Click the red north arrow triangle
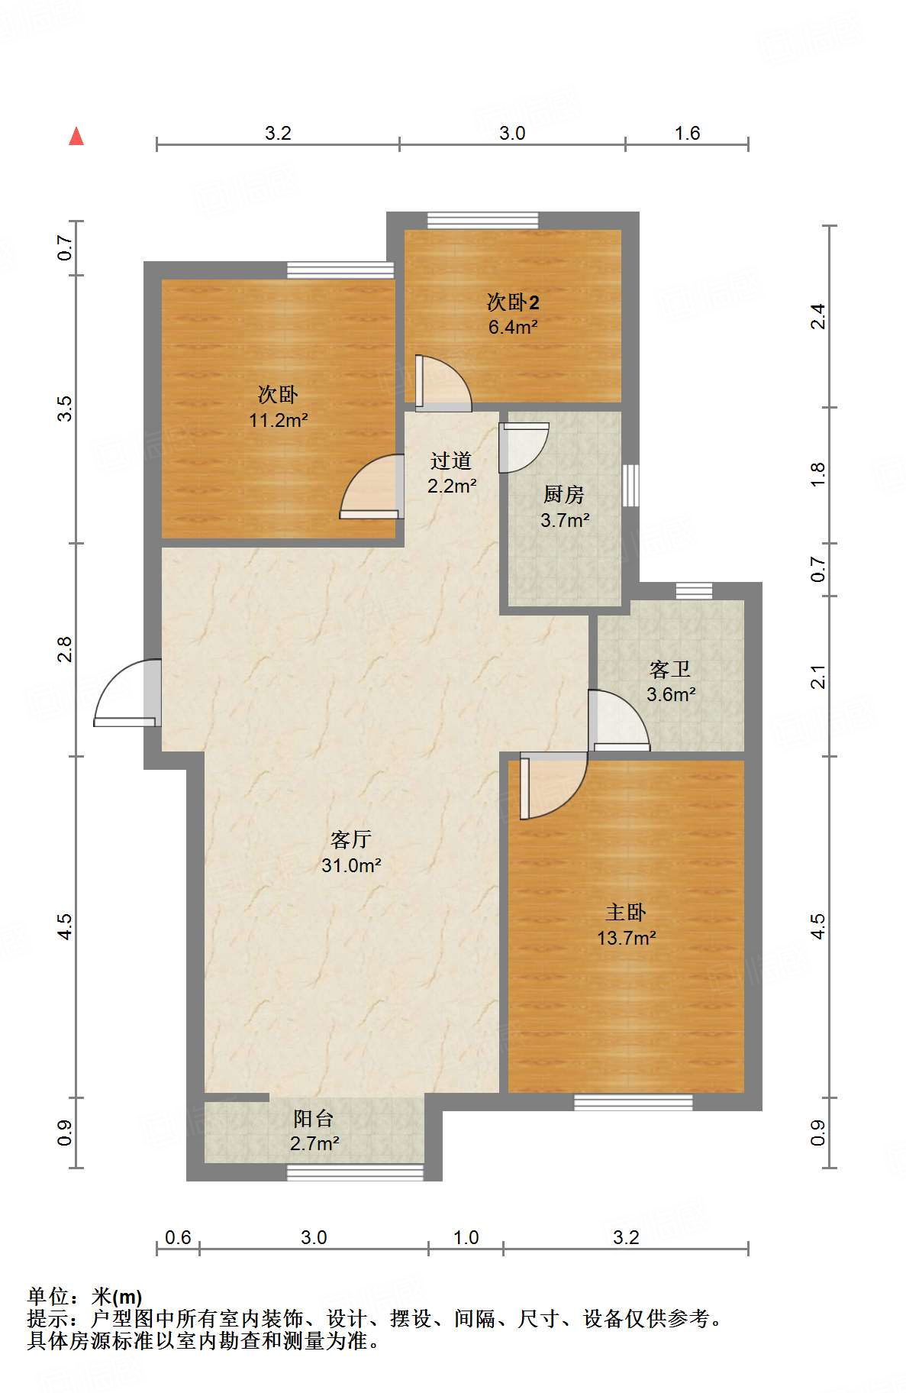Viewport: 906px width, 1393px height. click(x=76, y=137)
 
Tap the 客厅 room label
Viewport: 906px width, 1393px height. click(x=350, y=839)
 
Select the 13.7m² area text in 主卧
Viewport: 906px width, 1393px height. click(x=626, y=938)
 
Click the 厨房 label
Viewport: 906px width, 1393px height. click(x=564, y=495)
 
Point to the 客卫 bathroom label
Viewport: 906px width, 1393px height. click(x=670, y=669)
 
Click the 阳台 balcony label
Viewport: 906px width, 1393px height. click(x=314, y=1118)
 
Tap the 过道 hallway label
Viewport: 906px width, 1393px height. click(x=450, y=461)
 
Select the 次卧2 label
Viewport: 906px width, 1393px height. click(x=513, y=302)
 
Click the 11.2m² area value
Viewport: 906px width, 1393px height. click(x=278, y=420)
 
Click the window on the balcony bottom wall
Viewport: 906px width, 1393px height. click(x=355, y=1172)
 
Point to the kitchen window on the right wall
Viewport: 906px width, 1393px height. click(x=630, y=485)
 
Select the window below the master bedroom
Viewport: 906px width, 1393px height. click(x=633, y=1102)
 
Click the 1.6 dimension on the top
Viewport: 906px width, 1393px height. click(x=686, y=133)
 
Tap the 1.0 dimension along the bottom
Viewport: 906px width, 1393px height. click(x=466, y=1237)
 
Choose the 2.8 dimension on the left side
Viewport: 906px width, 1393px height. click(x=66, y=649)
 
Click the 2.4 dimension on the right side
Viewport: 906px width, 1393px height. click(x=817, y=316)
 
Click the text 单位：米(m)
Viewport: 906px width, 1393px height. click(x=85, y=1297)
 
